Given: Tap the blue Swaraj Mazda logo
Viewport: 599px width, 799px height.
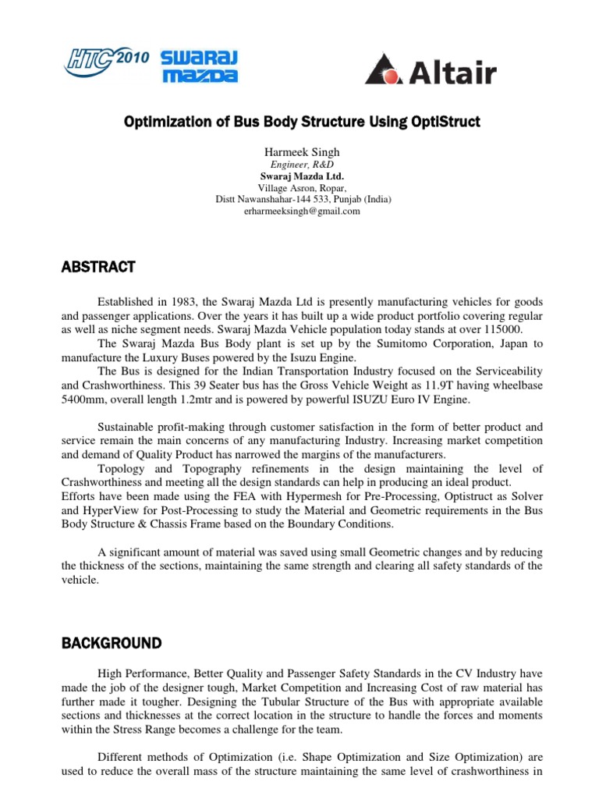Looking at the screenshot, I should point(200,66).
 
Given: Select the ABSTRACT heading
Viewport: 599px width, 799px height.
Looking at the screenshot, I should point(99,268).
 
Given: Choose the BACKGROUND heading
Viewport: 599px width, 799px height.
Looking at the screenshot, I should point(112,644).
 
